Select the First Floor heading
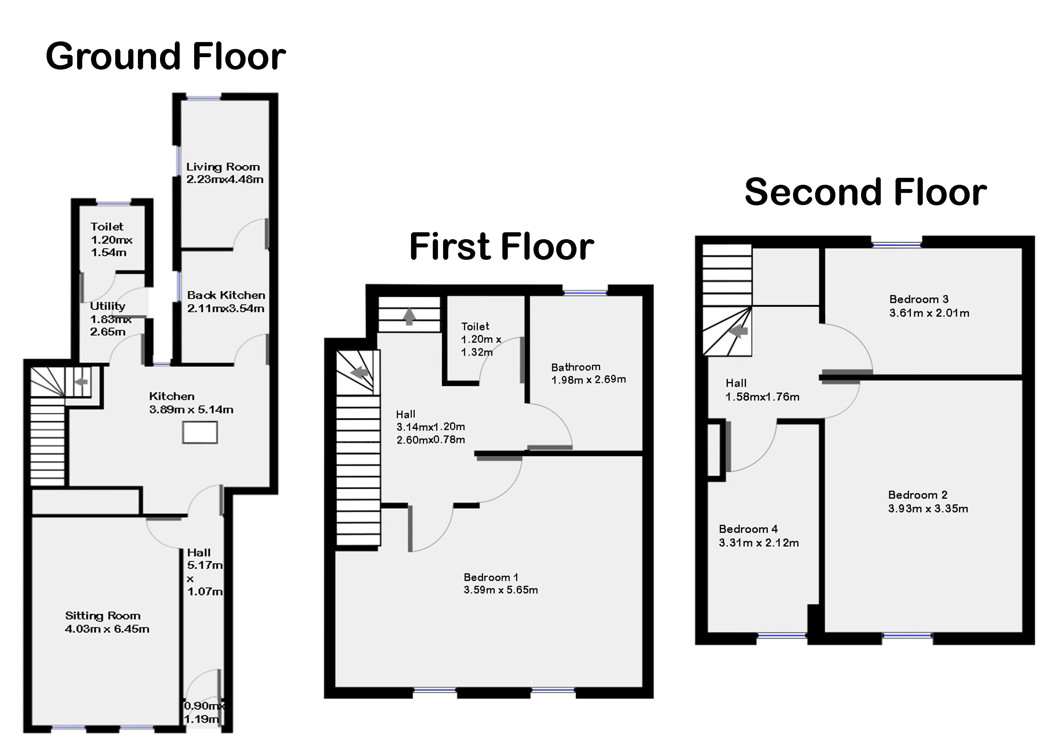pyautogui.click(x=501, y=246)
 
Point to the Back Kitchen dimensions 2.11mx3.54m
pyautogui.click(x=226, y=308)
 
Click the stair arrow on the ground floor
pyautogui.click(x=81, y=382)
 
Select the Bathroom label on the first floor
pyautogui.click(x=576, y=367)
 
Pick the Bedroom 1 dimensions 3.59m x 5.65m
pyautogui.click(x=501, y=590)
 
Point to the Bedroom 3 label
pyautogui.click(x=919, y=299)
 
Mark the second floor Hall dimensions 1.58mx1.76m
pyautogui.click(x=762, y=396)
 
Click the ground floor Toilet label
pyautogui.click(x=107, y=227)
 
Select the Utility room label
pyautogui.click(x=108, y=306)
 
